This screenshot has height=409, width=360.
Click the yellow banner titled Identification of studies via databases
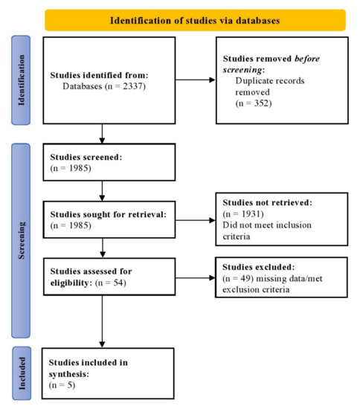pyautogui.click(x=195, y=19)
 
